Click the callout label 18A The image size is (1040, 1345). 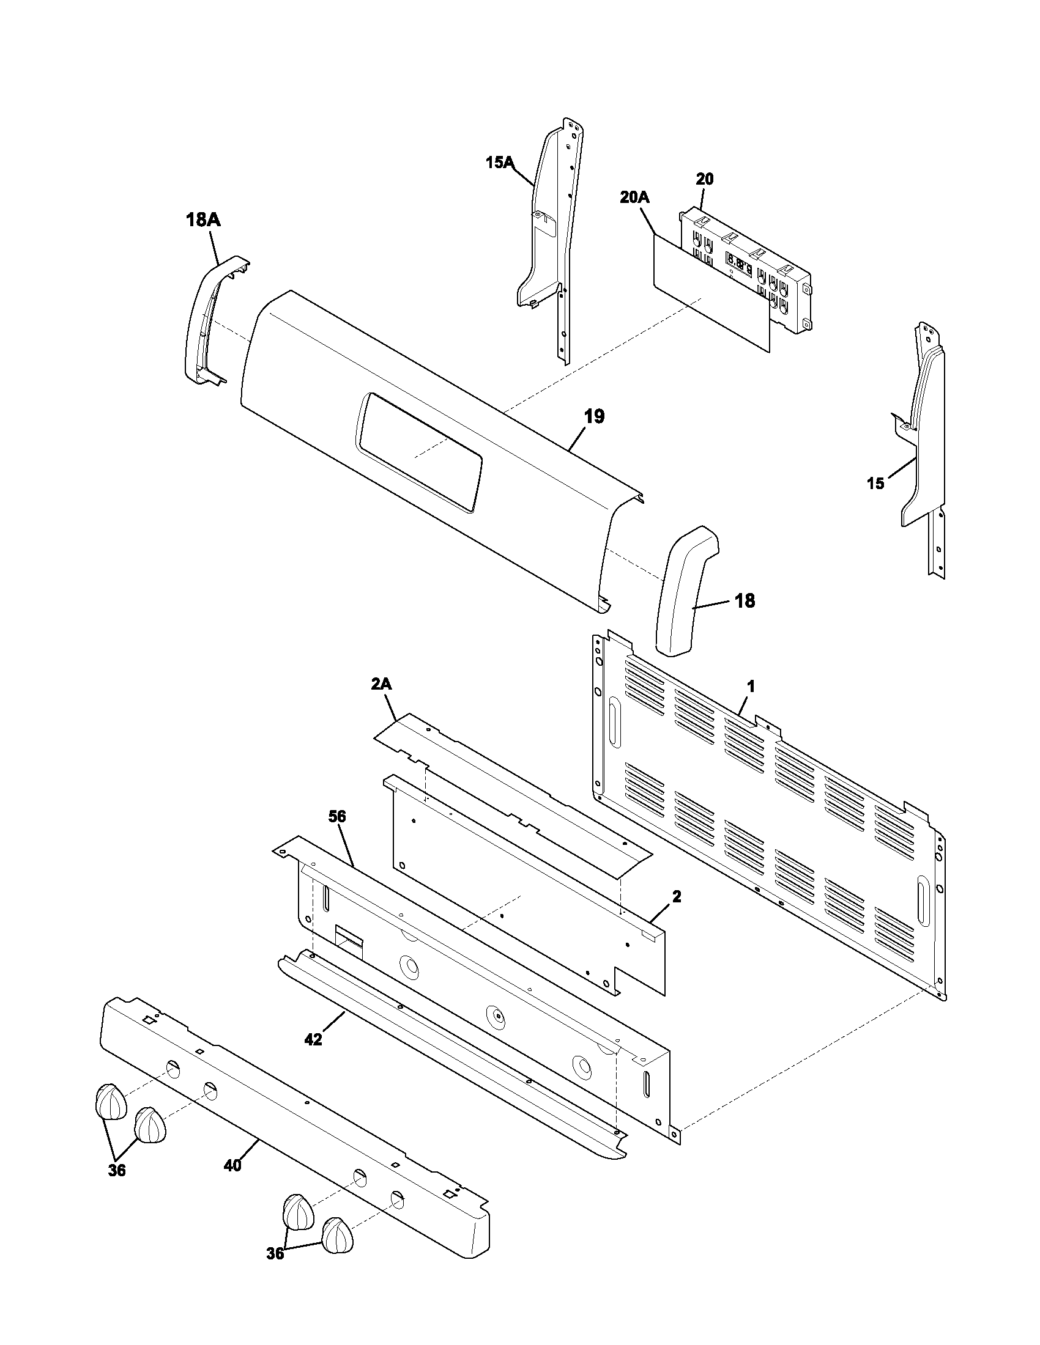point(203,220)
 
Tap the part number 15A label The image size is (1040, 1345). point(499,163)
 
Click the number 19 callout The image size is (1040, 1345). point(594,416)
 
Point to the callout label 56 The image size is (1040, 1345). point(337,817)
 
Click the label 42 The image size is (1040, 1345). point(313,1039)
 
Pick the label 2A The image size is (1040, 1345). point(381,684)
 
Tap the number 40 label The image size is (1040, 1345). point(232,1165)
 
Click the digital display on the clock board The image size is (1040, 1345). point(739,267)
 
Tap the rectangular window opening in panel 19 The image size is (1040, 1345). point(419,452)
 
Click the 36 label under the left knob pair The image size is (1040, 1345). point(116,1171)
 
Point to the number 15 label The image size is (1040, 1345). point(875,484)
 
